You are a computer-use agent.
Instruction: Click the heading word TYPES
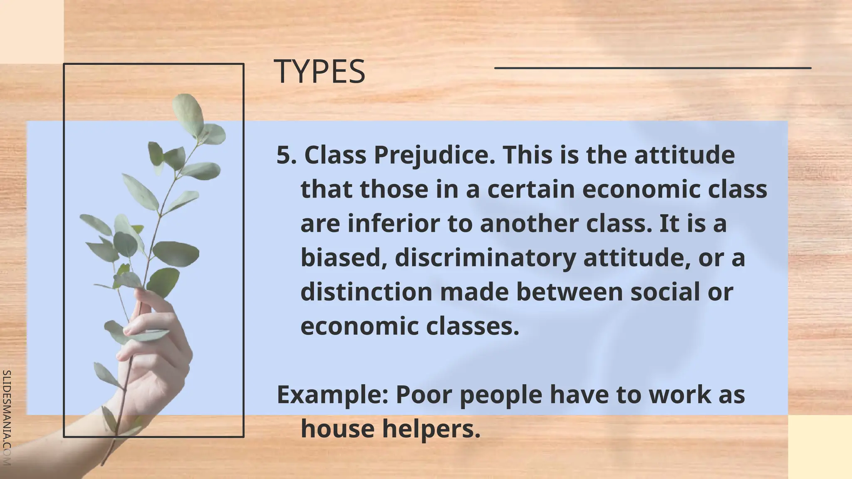pos(319,72)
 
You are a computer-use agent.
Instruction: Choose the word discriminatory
pos(485,258)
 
